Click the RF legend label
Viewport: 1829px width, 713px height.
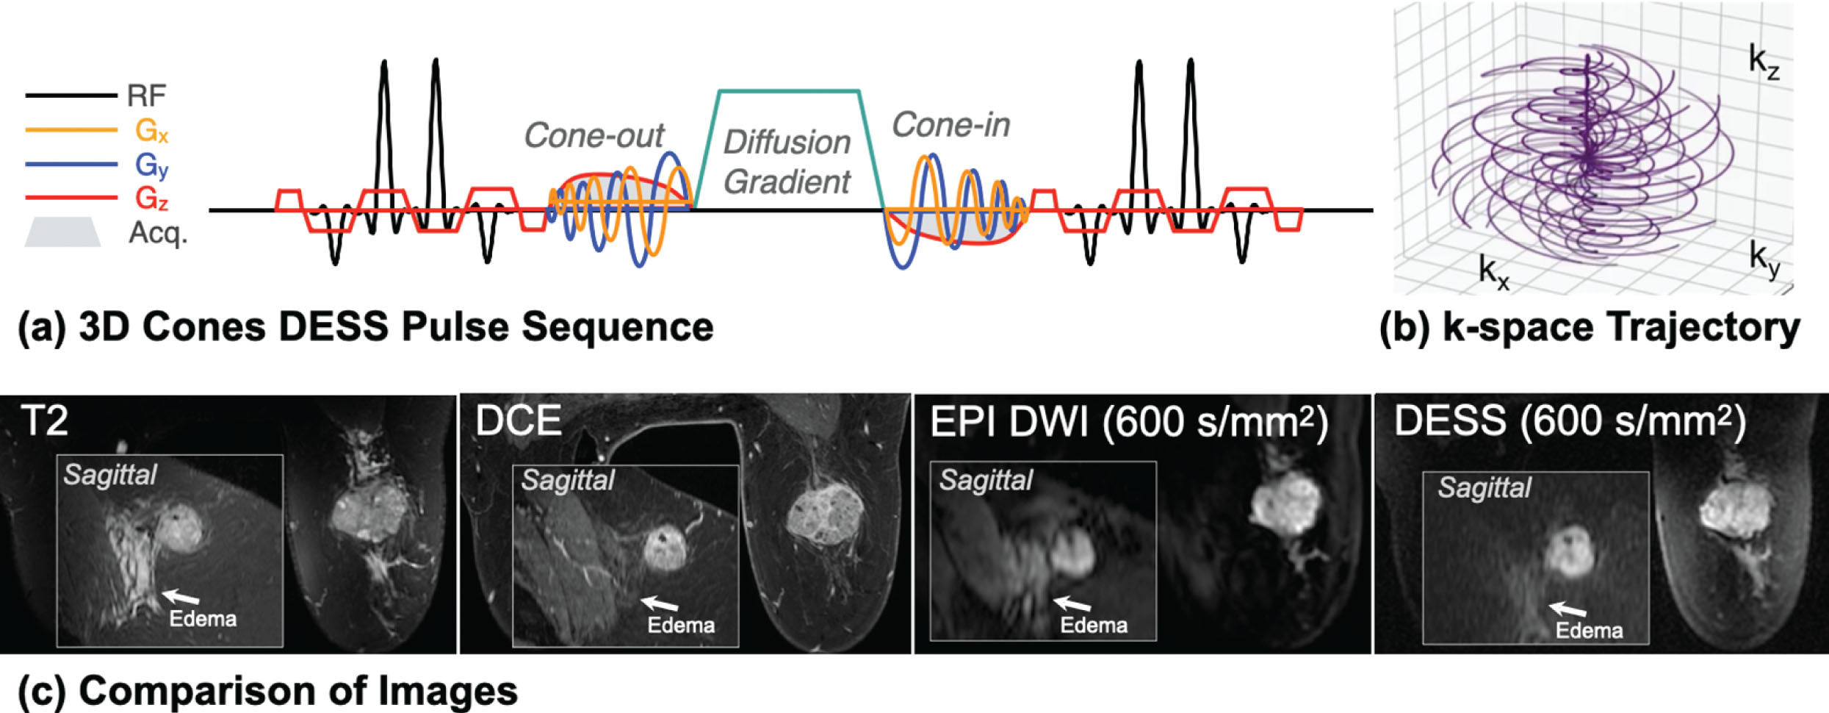(x=146, y=96)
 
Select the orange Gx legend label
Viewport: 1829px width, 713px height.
(x=151, y=131)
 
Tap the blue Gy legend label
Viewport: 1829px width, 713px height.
(x=151, y=165)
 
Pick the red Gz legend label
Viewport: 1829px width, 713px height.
(x=151, y=198)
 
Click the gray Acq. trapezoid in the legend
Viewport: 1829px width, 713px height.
(x=62, y=232)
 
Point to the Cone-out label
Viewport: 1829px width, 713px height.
(x=594, y=135)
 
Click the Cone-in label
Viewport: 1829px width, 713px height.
(x=950, y=125)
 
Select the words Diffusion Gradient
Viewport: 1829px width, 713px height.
(x=787, y=162)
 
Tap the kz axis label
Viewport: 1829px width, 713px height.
(x=1763, y=60)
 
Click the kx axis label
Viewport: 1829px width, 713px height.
(x=1493, y=272)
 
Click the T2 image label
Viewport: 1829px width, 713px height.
(x=44, y=421)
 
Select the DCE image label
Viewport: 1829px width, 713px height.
(x=518, y=421)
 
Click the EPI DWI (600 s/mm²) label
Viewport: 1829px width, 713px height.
(x=1128, y=423)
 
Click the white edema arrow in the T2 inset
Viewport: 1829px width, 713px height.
(x=180, y=596)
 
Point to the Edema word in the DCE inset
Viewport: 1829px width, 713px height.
(x=680, y=626)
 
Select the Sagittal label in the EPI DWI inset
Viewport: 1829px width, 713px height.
(x=986, y=480)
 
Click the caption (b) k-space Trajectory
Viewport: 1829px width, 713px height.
(x=1590, y=328)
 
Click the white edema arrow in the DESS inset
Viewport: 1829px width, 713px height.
(x=1567, y=609)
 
